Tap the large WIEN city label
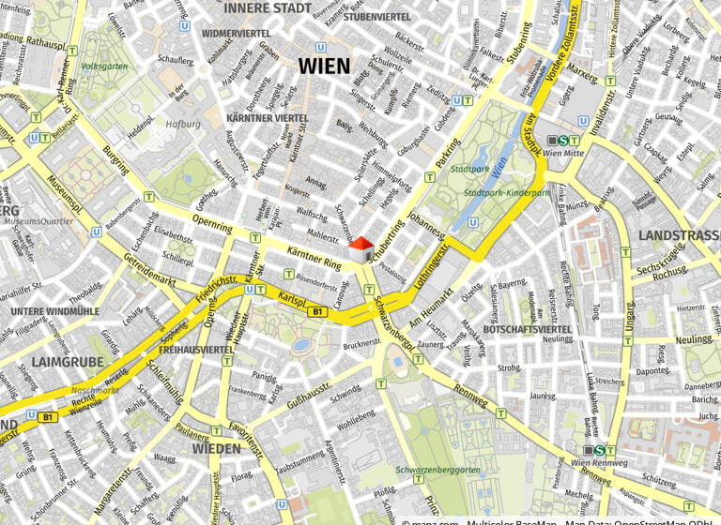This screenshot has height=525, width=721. point(324,67)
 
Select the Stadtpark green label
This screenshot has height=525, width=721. point(470,171)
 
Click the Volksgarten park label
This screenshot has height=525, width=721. point(103,67)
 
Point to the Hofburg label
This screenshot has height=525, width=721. point(183,124)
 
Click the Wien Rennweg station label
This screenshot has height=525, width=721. point(599,463)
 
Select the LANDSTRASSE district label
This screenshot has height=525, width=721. point(679,235)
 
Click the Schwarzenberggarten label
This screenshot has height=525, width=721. point(438,470)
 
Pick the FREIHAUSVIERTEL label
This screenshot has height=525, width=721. point(196,350)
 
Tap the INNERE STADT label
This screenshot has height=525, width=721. point(268,8)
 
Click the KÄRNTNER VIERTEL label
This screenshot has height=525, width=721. point(268,118)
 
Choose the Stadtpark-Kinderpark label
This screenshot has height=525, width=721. point(507,193)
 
